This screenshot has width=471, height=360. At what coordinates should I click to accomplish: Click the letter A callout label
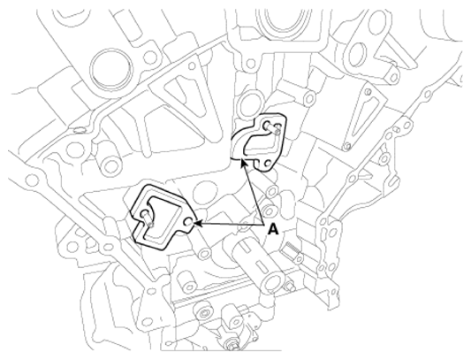coord(273,229)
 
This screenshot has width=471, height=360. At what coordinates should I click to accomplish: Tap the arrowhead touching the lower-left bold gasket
coord(198,223)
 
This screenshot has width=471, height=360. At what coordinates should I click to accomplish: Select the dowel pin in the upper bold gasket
coord(273,128)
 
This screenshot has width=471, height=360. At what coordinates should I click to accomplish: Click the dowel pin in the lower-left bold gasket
coord(148,218)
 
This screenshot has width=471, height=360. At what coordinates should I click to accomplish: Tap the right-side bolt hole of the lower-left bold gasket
coord(189,222)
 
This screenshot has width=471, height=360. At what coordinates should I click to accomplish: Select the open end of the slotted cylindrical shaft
coord(271,283)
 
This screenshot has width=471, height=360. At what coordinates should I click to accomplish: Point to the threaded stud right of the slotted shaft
coord(293,252)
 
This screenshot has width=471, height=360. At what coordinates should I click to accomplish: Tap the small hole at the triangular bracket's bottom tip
coord(347,147)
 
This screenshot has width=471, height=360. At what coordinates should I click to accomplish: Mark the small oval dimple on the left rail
coord(80,130)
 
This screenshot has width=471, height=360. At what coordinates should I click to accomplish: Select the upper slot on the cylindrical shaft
coord(246,247)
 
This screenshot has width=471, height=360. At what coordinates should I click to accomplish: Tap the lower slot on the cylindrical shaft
coord(260,265)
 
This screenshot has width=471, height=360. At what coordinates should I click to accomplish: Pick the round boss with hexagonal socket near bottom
coord(204,315)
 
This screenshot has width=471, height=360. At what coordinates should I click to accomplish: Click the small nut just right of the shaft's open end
coord(290,287)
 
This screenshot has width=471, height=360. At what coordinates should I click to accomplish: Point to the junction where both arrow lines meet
coord(263,225)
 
